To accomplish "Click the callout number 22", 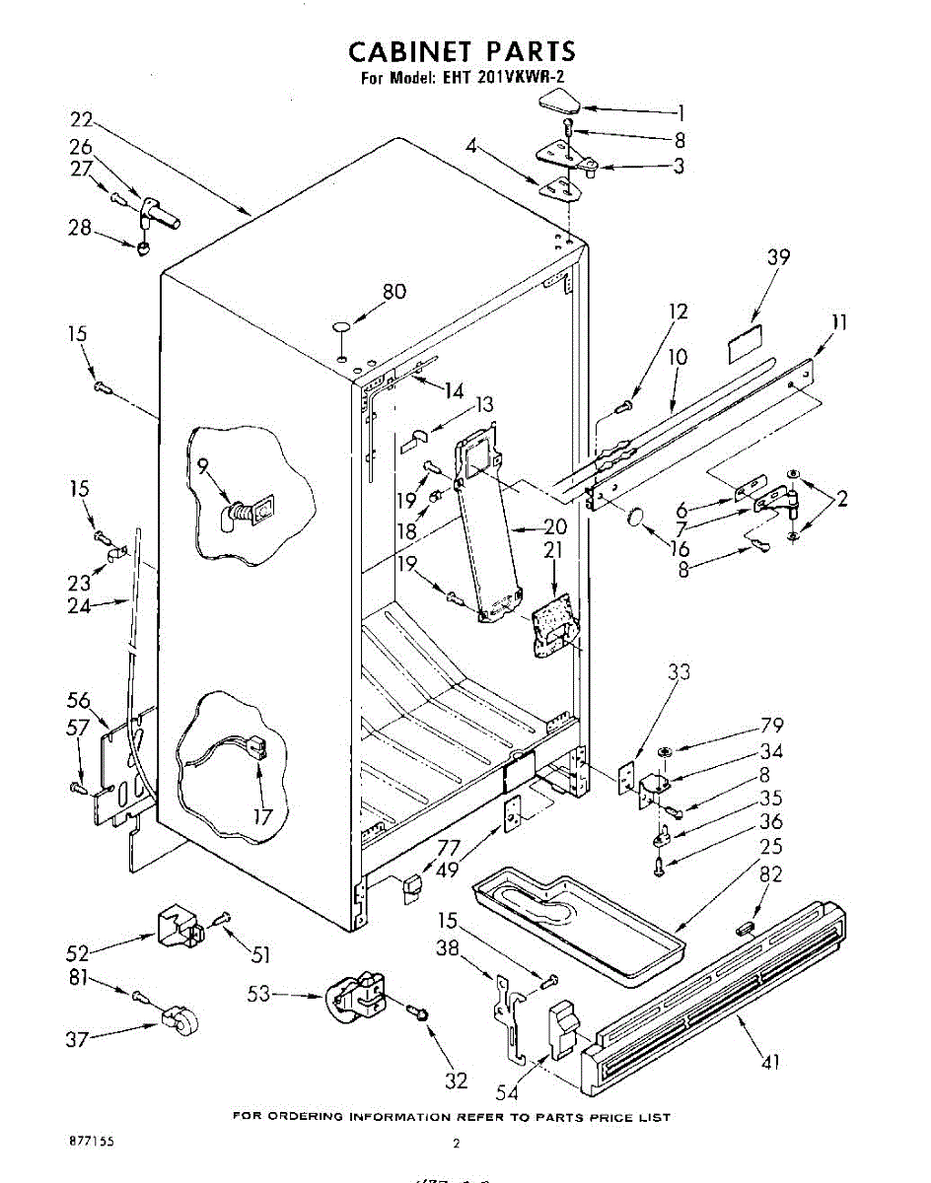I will (x=82, y=120).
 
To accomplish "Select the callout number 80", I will (x=394, y=292).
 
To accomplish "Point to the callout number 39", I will (x=778, y=257).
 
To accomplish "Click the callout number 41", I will (x=771, y=1062).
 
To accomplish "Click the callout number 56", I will (x=79, y=700).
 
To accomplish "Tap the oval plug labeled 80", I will (x=341, y=326).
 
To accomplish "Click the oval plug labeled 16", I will (x=636, y=517).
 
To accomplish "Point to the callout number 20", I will (x=555, y=526).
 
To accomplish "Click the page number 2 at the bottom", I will (x=456, y=1144).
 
